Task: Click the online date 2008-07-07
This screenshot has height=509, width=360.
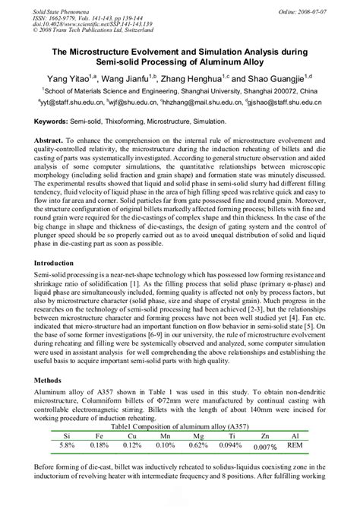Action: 335,8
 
